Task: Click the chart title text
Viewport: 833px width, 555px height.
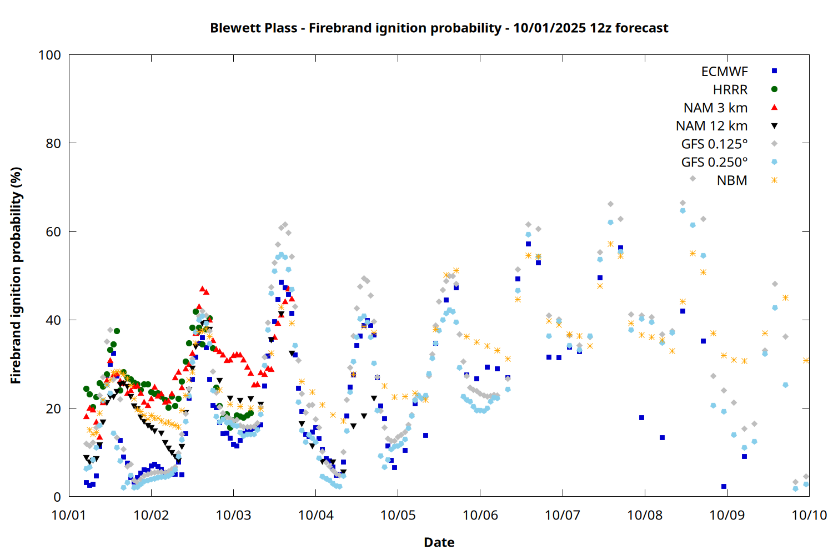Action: click(x=439, y=28)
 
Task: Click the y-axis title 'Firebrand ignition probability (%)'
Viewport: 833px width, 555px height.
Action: click(x=16, y=275)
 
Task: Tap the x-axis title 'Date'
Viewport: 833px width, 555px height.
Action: click(x=439, y=542)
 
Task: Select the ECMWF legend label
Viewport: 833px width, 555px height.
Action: click(x=724, y=72)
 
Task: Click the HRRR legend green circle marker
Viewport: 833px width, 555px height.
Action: click(x=774, y=89)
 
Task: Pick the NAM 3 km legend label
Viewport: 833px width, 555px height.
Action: click(x=715, y=108)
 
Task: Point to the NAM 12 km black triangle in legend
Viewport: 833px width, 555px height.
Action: click(x=774, y=126)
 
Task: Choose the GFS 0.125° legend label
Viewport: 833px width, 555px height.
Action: click(x=714, y=144)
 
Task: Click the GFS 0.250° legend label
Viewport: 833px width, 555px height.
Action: click(x=714, y=162)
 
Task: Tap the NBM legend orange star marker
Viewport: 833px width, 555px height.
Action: click(x=774, y=180)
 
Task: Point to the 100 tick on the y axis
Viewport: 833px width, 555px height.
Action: click(x=49, y=55)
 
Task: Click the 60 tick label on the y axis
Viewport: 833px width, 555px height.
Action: click(x=53, y=231)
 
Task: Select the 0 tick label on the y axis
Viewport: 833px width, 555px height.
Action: click(x=57, y=497)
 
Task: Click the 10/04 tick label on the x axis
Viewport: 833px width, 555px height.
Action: click(x=315, y=515)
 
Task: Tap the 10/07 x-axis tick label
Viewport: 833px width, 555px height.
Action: click(x=563, y=515)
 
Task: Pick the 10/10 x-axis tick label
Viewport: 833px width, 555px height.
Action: click(x=809, y=515)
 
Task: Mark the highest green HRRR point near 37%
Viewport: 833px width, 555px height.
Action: click(x=117, y=331)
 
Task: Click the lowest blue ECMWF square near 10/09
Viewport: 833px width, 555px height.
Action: click(x=724, y=487)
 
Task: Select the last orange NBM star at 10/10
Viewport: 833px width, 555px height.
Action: click(x=806, y=361)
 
